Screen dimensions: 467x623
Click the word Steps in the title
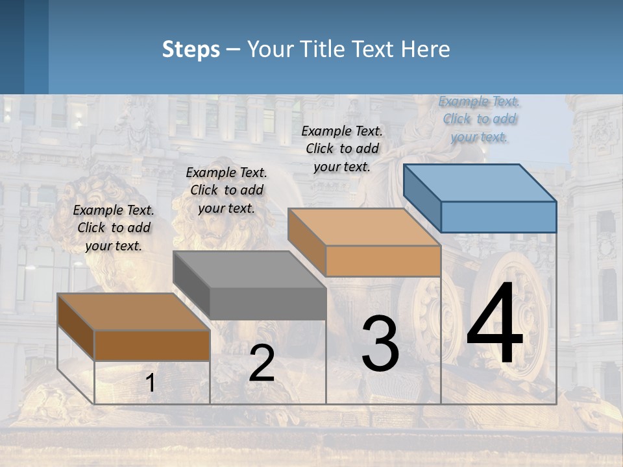[x=191, y=49]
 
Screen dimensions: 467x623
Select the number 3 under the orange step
[x=380, y=344]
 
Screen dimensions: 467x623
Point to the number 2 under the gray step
[x=262, y=364]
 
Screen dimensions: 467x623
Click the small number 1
[x=151, y=383]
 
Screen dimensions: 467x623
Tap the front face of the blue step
[x=498, y=217]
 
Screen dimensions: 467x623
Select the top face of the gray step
[x=249, y=269]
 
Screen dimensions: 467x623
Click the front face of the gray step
[x=267, y=304]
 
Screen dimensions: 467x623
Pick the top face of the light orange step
[x=364, y=227]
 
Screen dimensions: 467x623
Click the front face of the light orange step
[x=383, y=261]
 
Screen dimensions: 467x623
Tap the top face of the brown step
[x=133, y=312]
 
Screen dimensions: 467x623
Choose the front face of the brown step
[x=152, y=345]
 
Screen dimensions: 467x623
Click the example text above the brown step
[x=114, y=228]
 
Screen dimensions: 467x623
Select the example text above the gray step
[x=226, y=190]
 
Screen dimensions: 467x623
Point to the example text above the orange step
[x=342, y=149]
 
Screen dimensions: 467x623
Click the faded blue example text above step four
[x=480, y=119]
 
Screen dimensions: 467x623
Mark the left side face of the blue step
[x=422, y=198]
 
